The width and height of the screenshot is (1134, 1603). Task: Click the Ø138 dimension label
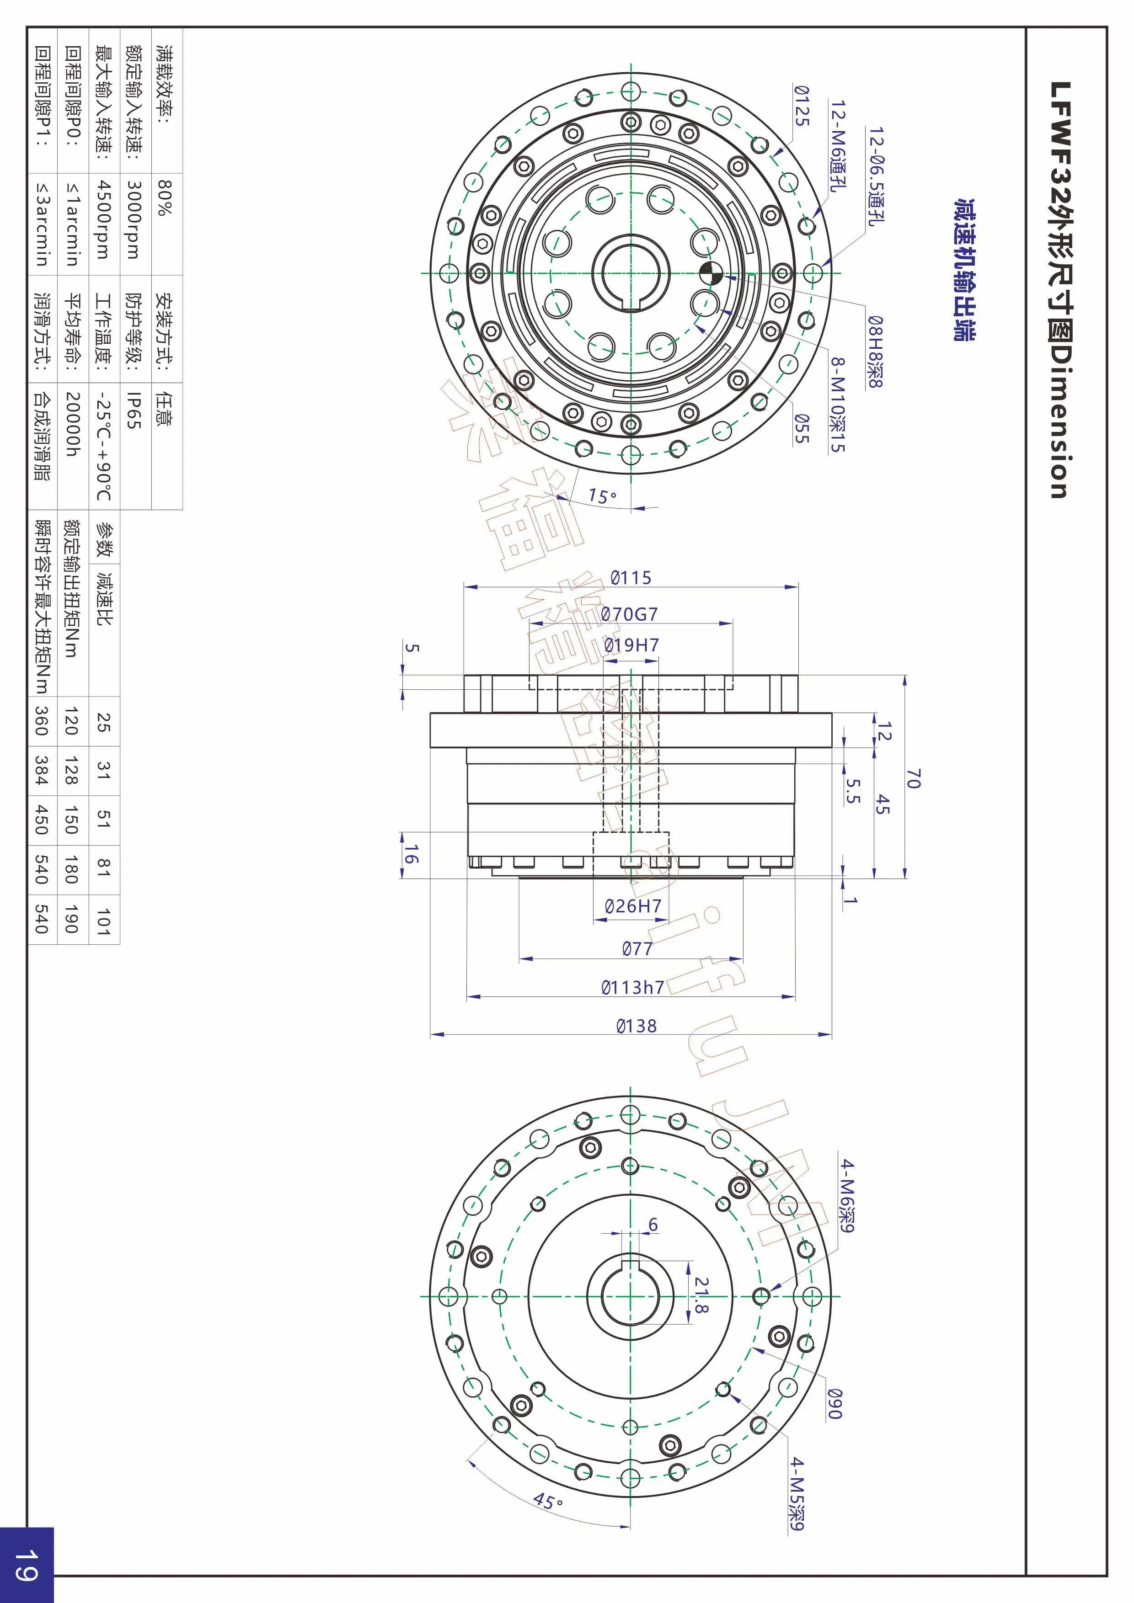[x=636, y=1026]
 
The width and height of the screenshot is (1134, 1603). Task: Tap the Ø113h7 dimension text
[x=633, y=987]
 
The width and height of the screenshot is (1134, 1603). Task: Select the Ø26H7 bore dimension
[x=633, y=906]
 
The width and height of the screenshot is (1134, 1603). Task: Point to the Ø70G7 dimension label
[x=629, y=614]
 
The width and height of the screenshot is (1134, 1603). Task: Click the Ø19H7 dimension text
[x=631, y=645]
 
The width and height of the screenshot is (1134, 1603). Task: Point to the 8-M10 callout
[x=838, y=405]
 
